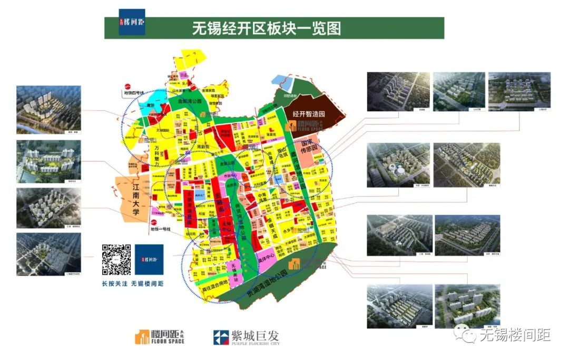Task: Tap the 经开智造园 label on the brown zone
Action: coord(311,113)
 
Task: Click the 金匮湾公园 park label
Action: coord(190,101)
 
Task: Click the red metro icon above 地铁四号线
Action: coord(127,87)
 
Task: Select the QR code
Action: coord(116,259)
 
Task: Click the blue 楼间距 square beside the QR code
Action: coord(149,259)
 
